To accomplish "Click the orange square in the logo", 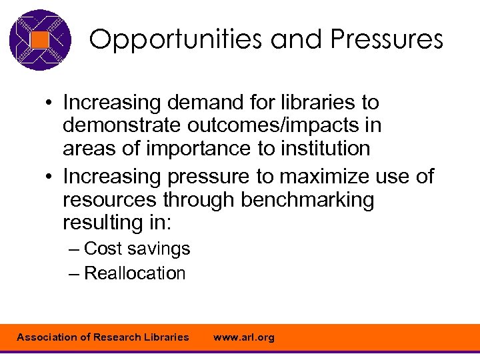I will tap(40, 40).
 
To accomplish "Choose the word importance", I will tap(193, 148).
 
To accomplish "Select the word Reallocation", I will tap(135, 273).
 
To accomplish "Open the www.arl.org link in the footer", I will tap(243, 337).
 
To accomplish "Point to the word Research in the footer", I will tap(117, 337).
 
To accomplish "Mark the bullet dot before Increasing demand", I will tap(49, 104).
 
